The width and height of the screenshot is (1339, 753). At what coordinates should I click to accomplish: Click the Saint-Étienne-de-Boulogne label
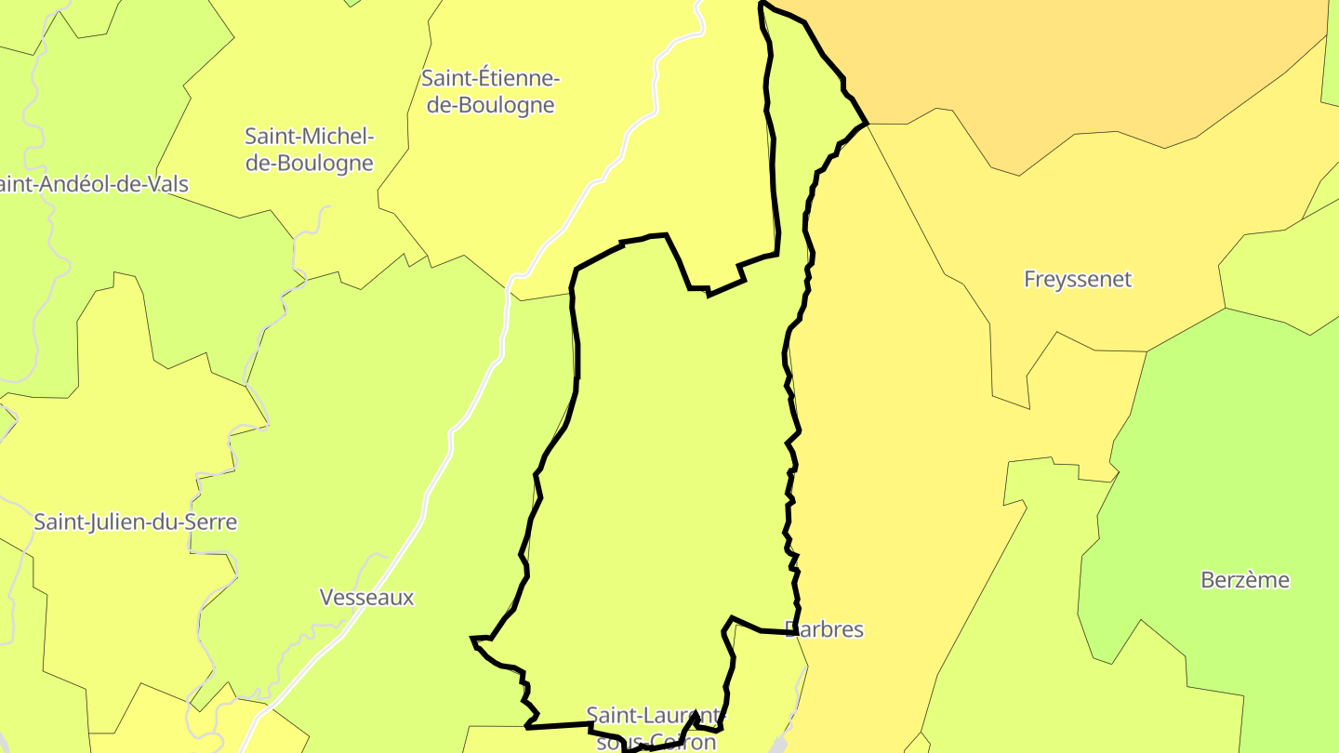coord(490,91)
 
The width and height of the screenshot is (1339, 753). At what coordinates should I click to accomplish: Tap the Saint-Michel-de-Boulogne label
coord(309,150)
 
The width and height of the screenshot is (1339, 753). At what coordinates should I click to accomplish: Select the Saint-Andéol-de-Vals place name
coord(93,184)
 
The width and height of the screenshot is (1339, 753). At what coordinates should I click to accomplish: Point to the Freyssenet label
coord(1077,279)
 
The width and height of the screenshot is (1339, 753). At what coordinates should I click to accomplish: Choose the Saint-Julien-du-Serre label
coord(135,522)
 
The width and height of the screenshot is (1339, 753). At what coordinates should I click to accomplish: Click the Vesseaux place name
coord(366,598)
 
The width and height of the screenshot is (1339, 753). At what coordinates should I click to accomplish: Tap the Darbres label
coord(825,630)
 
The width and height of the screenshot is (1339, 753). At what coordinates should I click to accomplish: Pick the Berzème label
coord(1245,580)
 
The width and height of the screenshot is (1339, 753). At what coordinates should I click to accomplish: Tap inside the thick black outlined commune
coord(669,465)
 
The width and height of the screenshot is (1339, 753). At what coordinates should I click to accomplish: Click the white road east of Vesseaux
coord(437,483)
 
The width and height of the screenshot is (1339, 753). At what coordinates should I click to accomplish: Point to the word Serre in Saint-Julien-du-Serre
coord(209,522)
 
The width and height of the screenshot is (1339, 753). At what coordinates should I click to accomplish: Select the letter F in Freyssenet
coord(1030,279)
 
